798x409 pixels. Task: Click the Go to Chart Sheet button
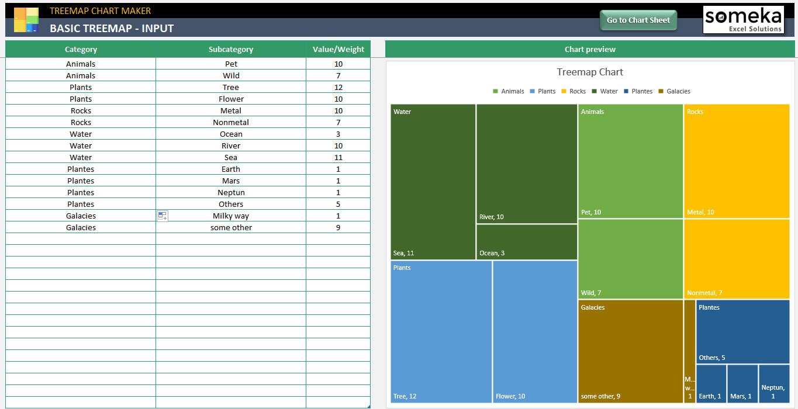click(638, 20)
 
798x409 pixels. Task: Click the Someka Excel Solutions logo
click(743, 20)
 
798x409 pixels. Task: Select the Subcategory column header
click(231, 50)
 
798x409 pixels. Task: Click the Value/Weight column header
click(338, 50)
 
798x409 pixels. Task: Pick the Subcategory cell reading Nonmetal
click(231, 122)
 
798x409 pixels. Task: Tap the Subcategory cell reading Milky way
click(231, 216)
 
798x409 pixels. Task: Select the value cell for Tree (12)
click(338, 87)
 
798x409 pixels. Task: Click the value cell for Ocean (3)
click(338, 134)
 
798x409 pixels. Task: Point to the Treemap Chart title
click(590, 72)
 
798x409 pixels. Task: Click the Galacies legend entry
click(675, 91)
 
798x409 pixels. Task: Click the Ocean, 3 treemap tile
click(527, 242)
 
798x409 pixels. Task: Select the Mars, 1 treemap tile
click(742, 383)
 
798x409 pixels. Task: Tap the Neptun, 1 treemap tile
click(774, 383)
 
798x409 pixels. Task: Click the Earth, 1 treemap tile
click(711, 383)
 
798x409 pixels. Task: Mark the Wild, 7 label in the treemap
click(591, 293)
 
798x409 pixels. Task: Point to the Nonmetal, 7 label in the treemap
click(704, 293)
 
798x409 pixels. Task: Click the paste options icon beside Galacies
click(163, 216)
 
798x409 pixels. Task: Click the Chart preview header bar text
click(590, 50)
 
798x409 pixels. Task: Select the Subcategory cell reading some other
click(231, 227)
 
